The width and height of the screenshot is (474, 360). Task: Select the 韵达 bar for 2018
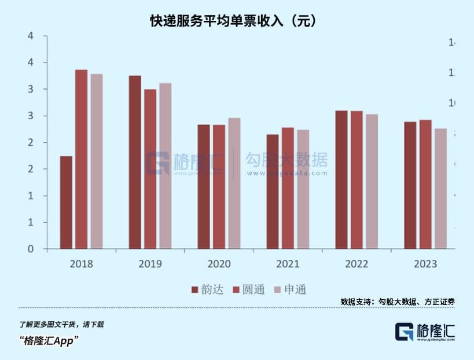[x=66, y=203]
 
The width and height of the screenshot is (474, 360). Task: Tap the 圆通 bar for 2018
[x=82, y=159]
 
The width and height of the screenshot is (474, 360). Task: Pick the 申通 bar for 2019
[x=166, y=166]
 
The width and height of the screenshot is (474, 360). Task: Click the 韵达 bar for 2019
[x=135, y=162]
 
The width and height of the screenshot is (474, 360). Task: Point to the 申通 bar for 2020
[x=234, y=183]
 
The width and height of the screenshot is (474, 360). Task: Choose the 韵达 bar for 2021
[x=273, y=192]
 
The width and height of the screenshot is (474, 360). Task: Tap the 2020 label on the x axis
[x=219, y=264]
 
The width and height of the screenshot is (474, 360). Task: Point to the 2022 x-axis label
[x=357, y=264]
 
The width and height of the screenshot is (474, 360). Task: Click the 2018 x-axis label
[x=81, y=264]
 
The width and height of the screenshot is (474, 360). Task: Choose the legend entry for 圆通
[x=249, y=289]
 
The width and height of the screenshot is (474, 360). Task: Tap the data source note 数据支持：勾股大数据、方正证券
[x=398, y=302]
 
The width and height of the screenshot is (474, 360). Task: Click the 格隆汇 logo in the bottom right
[x=425, y=332]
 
